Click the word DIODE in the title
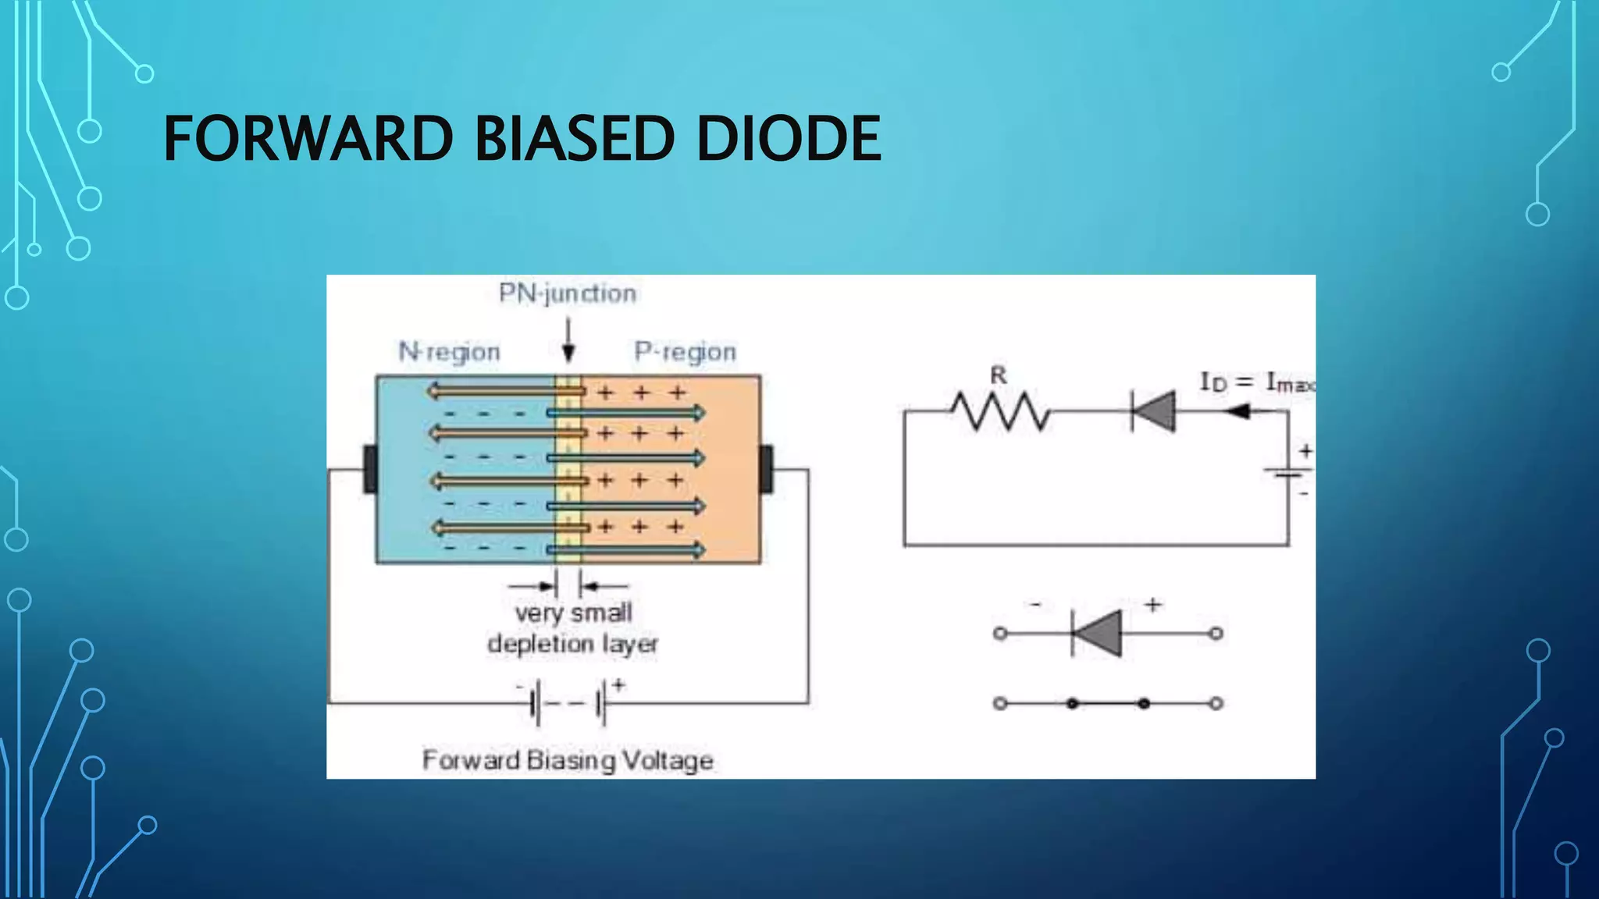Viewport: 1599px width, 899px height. [x=789, y=139]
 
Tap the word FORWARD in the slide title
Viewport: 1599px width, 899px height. [x=308, y=139]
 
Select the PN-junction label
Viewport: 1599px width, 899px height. [x=568, y=293]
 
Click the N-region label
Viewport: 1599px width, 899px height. [x=449, y=352]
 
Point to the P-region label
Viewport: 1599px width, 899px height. [x=685, y=352]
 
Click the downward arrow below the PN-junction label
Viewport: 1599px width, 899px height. [x=568, y=343]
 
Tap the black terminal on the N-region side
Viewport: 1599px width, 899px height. [x=370, y=468]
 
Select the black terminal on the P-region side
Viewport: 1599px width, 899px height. [x=766, y=468]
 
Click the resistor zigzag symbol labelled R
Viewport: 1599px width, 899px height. [x=1000, y=411]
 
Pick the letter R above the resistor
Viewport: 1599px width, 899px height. [x=999, y=375]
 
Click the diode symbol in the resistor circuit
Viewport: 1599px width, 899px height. [x=1153, y=411]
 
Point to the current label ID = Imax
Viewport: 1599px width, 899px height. [x=1255, y=382]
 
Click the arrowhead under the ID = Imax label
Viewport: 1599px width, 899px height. [x=1238, y=411]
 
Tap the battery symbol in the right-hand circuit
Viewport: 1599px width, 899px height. [x=1288, y=472]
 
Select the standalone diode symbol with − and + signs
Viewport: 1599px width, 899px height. [x=1097, y=633]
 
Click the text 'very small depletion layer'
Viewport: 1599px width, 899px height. [x=573, y=628]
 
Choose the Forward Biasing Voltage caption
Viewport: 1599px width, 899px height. [x=568, y=760]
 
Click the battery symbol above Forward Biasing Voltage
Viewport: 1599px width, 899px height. [x=568, y=703]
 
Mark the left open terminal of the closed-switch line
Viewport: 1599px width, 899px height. [x=1000, y=704]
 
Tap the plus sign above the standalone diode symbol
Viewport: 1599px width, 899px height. [x=1153, y=604]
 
